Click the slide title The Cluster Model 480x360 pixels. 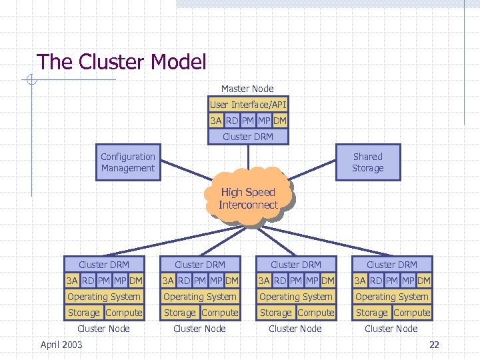coord(121,62)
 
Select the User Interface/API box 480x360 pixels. coord(247,105)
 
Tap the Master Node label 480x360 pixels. coord(247,89)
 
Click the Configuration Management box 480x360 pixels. coord(128,163)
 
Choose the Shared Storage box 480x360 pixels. coord(367,163)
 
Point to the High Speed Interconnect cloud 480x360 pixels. coord(248,199)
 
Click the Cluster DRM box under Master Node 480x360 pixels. coord(247,137)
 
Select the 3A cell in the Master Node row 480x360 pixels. coord(216,121)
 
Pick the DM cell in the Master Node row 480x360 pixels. coord(280,121)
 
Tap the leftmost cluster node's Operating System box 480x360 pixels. coord(104,297)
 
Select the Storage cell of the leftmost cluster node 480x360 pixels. coord(83,313)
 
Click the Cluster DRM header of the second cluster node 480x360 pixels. coord(200,265)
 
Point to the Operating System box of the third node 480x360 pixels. coord(296,297)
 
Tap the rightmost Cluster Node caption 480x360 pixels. coord(391,329)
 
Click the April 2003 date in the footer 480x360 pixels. coord(61,345)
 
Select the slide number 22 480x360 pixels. coord(434,345)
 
